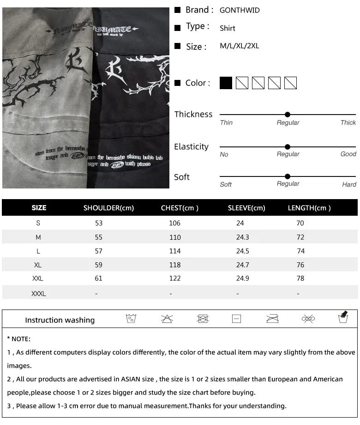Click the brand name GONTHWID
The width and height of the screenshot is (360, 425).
coord(240,10)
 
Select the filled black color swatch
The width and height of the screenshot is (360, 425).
coord(226,83)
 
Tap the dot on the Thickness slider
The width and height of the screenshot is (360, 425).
coord(288,115)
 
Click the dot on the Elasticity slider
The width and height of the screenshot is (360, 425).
coord(288,147)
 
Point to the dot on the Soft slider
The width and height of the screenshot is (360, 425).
coord(288,176)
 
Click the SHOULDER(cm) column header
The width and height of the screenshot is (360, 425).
coord(108,208)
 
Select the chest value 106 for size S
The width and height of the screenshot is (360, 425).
coord(175,223)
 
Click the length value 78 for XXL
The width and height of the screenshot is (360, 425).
coord(300,279)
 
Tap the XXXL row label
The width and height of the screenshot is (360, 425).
coord(39,293)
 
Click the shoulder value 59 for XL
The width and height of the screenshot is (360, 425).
coord(99,265)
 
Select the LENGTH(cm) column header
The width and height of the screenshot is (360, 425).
coord(309,208)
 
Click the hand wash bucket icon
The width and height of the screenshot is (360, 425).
coord(343,317)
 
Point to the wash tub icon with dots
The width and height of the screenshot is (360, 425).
coord(131,319)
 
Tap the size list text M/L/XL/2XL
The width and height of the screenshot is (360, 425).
coord(239,46)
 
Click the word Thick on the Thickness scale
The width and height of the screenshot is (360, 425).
coord(348,123)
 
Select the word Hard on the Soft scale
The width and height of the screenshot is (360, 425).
coord(349,184)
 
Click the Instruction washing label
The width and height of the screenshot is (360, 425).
coord(60,320)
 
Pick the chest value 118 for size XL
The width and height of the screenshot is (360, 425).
coord(175,265)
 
